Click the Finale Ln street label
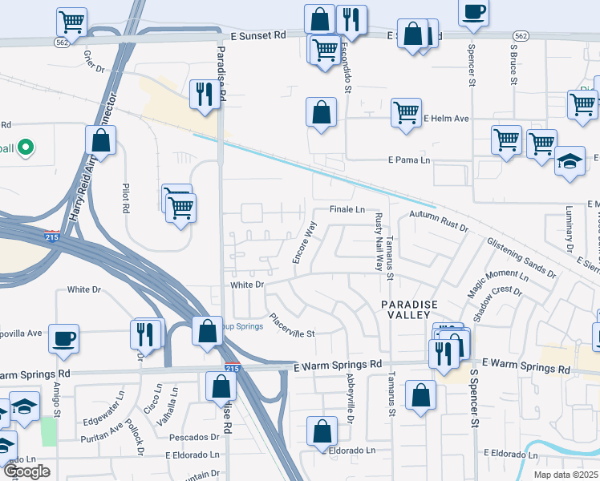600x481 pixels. tap(347, 209)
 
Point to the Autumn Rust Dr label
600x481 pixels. tap(438, 222)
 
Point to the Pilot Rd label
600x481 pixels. tap(126, 198)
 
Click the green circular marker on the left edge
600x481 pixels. tap(25, 148)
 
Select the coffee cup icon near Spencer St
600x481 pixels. tap(473, 12)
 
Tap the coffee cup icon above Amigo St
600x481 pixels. tap(63, 338)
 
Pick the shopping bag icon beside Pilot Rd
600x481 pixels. tap(102, 141)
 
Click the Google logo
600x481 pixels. tap(26, 472)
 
